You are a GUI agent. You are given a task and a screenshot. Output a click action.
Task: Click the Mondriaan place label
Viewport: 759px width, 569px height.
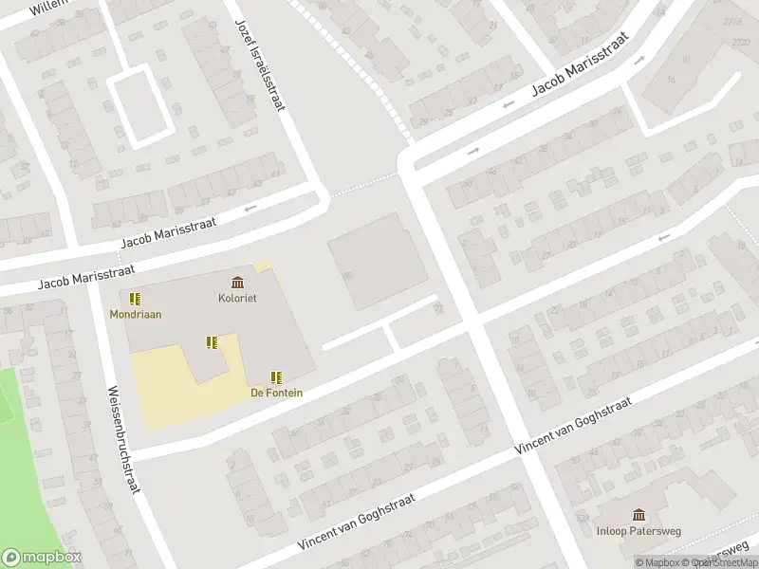pos(135,314)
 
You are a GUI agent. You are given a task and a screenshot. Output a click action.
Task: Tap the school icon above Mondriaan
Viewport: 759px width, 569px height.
pos(135,298)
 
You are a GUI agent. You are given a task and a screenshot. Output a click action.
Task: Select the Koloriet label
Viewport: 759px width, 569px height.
pos(237,298)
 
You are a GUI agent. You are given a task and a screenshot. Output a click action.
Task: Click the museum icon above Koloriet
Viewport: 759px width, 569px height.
pos(237,282)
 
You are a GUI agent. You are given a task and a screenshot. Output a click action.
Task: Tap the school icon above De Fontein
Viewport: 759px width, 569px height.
pos(277,376)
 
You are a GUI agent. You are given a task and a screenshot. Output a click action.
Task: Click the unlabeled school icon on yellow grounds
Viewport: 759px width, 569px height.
pos(213,342)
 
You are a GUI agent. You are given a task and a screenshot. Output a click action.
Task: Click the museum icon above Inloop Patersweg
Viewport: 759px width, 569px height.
pos(639,515)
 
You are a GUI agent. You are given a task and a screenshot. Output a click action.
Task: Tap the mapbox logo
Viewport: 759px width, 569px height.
pos(42,558)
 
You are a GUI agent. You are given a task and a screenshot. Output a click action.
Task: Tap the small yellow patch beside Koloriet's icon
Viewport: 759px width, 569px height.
pos(263,267)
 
